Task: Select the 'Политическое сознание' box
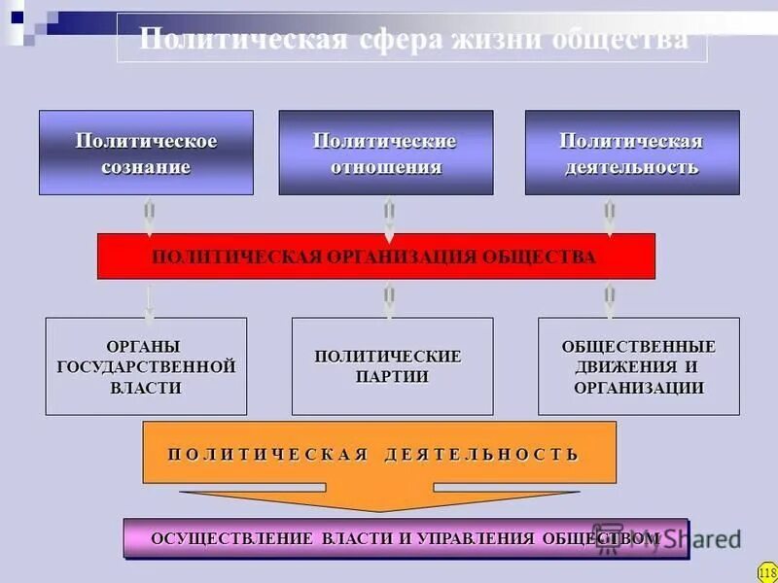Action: pos(146,153)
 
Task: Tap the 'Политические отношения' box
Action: pos(385,153)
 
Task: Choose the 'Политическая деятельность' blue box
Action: pos(632,153)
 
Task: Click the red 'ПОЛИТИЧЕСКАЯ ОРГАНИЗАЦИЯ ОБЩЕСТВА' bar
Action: pos(375,257)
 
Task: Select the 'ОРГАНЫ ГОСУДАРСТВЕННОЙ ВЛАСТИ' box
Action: pos(146,366)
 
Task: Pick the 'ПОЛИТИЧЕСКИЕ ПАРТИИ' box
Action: pos(392,366)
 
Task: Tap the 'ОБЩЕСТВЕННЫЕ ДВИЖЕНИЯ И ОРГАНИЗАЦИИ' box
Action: pos(638,366)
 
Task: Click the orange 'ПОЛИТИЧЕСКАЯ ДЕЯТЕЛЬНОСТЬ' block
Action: pos(379,454)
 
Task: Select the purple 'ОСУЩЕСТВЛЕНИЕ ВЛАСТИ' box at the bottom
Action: pos(406,538)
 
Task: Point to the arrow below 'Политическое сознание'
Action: pos(149,218)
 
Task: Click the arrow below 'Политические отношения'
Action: pos(389,218)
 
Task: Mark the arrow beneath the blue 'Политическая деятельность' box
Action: pos(610,218)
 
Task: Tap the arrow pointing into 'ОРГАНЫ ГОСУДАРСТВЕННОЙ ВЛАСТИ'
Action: pos(149,301)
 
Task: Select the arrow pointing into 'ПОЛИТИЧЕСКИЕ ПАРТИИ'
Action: pos(389,301)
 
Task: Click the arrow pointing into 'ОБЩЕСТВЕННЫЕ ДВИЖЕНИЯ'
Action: pos(610,301)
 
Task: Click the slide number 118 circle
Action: pos(767,571)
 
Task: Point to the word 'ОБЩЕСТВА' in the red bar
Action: pos(549,257)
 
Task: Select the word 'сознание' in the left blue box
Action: pos(146,167)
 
